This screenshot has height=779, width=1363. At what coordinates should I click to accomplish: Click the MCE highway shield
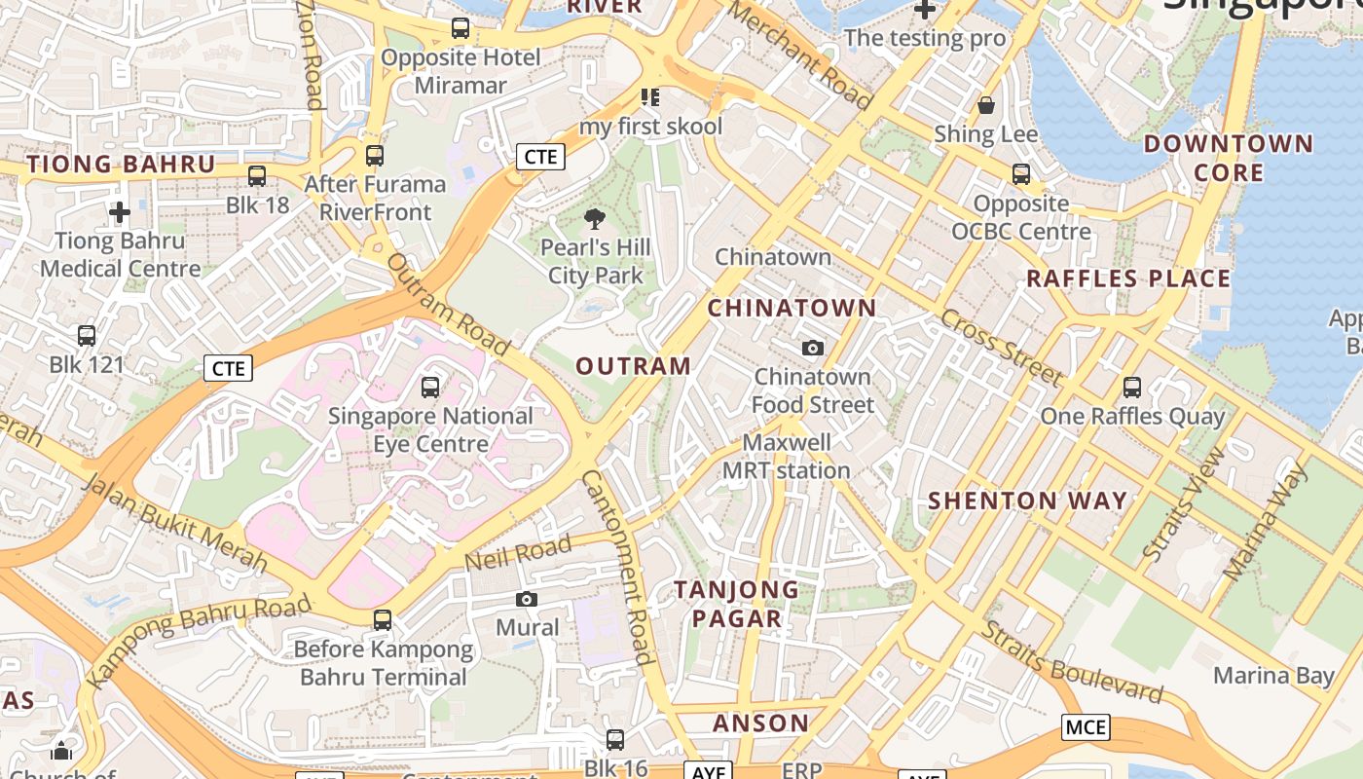coord(1086,727)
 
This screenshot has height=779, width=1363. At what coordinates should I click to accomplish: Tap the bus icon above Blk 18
coord(257,176)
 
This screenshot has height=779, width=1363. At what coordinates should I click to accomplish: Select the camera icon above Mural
coord(527,599)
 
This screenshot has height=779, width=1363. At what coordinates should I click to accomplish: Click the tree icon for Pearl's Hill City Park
coord(595,219)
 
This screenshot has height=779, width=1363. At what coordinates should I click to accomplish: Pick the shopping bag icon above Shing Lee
coord(986,105)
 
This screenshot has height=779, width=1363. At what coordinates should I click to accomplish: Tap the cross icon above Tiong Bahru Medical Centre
coord(120,211)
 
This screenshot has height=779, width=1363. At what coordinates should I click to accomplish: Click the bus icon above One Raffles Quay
coord(1131,388)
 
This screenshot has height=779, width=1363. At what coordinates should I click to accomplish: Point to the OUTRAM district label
coord(634,366)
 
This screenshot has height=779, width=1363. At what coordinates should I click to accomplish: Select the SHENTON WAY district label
coord(1027,501)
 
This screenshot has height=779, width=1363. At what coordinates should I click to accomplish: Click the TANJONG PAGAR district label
coord(737,604)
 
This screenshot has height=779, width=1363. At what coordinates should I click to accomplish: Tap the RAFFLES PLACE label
coord(1128,279)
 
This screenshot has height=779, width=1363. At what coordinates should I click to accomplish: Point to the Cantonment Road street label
coord(616,567)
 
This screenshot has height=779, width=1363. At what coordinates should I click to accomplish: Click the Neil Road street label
coord(517,554)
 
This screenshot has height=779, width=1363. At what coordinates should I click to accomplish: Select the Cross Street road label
coord(1000,348)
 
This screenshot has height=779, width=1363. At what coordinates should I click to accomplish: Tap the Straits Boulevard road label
coord(1071,661)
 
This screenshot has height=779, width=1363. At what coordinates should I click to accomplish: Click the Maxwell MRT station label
coord(787,457)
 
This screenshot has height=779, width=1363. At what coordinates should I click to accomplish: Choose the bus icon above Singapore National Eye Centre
coord(430,388)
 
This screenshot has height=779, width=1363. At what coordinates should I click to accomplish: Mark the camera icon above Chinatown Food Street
coord(812,348)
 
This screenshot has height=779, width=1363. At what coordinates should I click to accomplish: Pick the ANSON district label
coord(760,723)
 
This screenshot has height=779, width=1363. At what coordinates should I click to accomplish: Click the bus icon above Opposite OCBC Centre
coord(1021,174)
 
